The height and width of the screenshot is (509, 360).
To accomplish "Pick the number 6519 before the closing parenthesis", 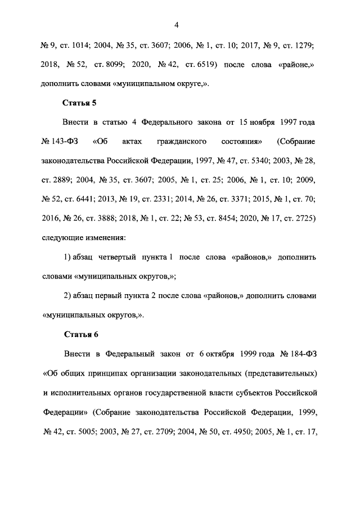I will [x=204, y=65].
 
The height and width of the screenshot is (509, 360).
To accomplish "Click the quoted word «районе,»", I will [x=299, y=65].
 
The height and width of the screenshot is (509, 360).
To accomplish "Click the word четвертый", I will [x=127, y=257].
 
